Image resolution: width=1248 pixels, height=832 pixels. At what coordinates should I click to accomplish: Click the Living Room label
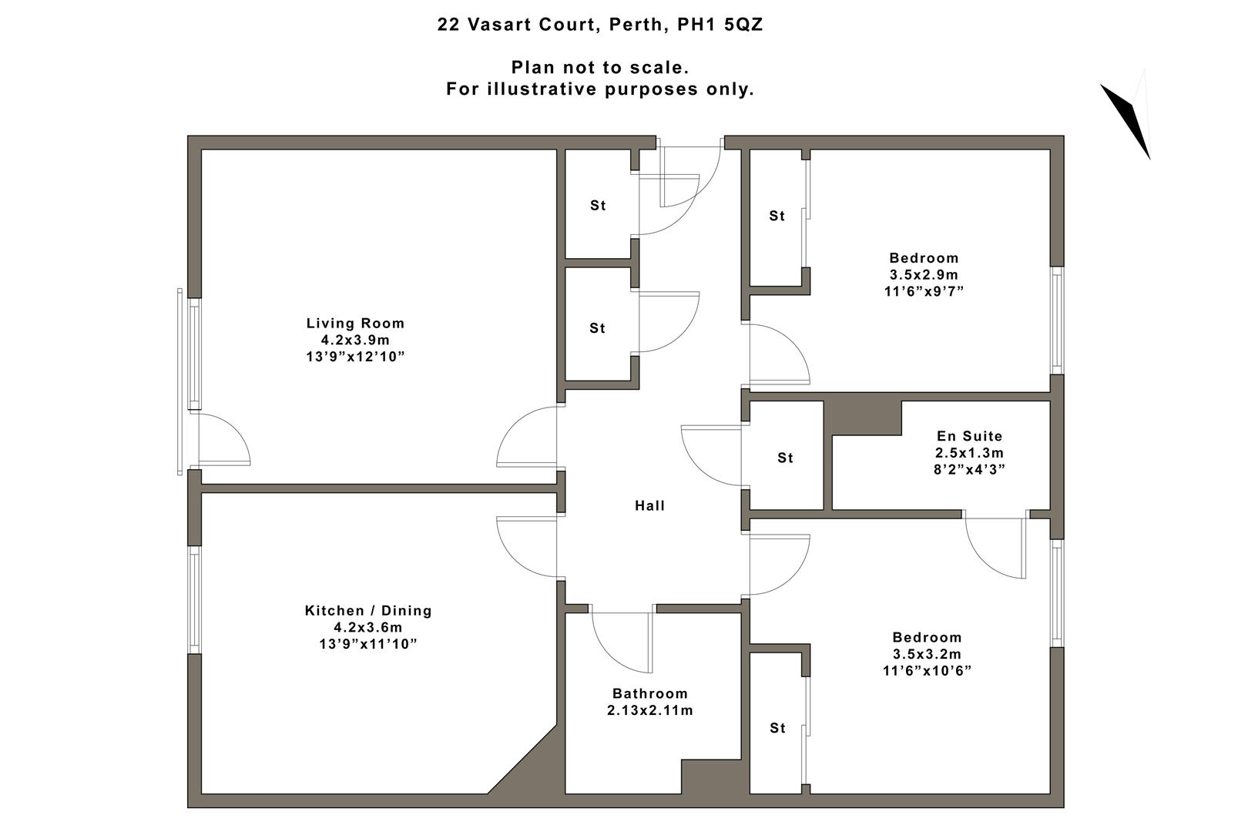[x=355, y=324]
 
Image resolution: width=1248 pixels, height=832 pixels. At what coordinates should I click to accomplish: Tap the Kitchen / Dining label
[x=368, y=611]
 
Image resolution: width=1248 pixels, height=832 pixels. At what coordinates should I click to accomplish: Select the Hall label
[x=649, y=506]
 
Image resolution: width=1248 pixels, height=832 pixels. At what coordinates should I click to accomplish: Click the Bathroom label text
[x=649, y=693]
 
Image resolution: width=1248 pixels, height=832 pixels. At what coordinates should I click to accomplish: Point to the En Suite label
[x=969, y=436]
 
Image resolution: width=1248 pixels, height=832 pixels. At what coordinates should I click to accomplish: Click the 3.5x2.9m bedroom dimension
[x=924, y=275]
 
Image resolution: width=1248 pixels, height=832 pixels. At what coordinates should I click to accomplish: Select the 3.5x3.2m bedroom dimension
[x=927, y=654]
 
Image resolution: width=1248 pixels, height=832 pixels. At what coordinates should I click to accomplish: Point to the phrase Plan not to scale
[x=599, y=68]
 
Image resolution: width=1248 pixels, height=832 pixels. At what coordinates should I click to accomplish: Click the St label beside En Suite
[x=785, y=458]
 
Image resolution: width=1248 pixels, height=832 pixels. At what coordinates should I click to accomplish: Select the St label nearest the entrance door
[x=598, y=206]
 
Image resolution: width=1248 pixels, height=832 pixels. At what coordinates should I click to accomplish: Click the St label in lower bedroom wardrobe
[x=777, y=728]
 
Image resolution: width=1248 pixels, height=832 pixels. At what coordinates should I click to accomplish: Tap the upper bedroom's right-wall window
[x=1057, y=320]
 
